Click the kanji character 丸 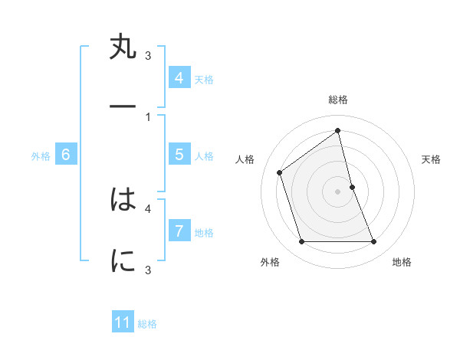pos(123,47)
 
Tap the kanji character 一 pos(123,107)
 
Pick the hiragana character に pos(123,261)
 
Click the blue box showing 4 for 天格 pos(179,78)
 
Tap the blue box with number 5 pos(179,155)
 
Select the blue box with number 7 pos(179,231)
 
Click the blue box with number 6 pos(66,155)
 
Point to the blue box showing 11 pos(123,322)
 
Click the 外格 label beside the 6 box pos(41,155)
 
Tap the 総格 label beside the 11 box pos(147,324)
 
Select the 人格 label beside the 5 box pos(204,155)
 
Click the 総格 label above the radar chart pos(337,100)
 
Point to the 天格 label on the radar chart pos(432,159)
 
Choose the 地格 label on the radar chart pos(402,262)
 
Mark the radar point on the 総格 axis pos(338,130)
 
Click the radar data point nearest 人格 pos(280,172)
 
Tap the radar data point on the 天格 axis pos(352,187)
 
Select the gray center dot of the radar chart pos(338,191)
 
